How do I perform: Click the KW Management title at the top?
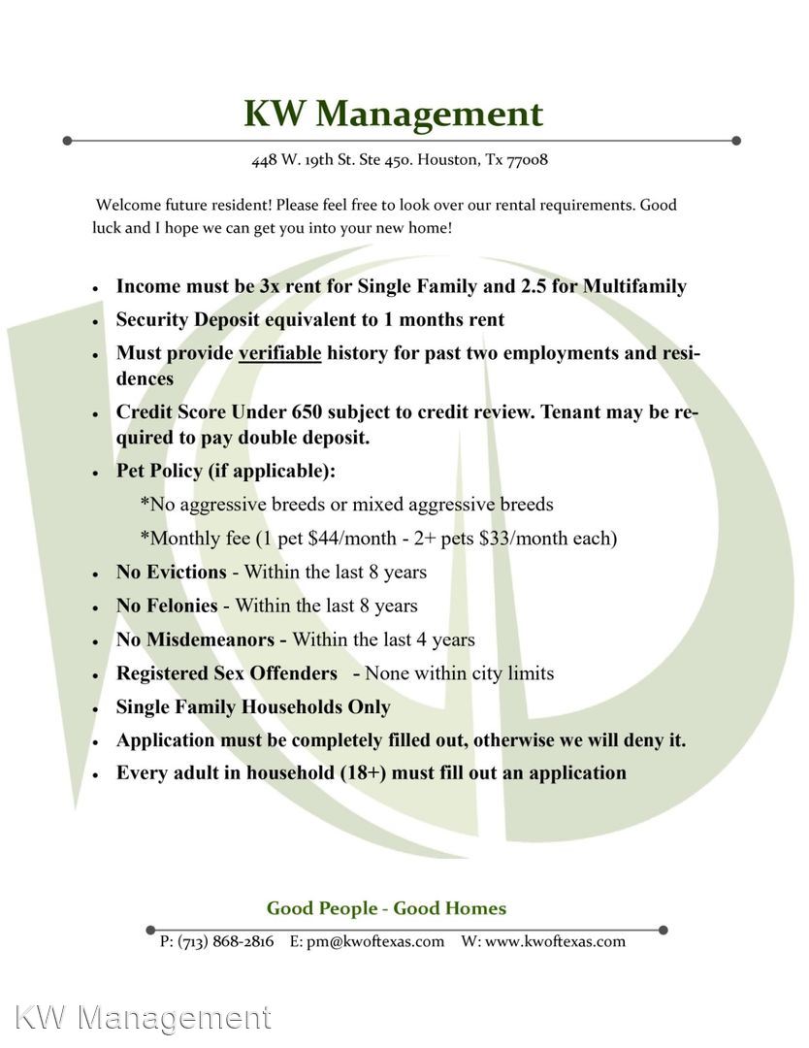[393, 114]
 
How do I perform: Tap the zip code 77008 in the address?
[528, 159]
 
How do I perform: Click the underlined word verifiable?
[279, 353]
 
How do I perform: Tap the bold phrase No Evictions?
[171, 573]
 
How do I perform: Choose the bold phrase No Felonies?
[167, 606]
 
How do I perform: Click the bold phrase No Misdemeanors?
[201, 639]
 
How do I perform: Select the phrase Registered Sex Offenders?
[227, 673]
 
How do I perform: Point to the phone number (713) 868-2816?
[225, 941]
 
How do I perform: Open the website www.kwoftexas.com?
[555, 941]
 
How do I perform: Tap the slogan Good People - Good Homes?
[386, 909]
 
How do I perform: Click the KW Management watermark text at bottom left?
[144, 1017]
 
